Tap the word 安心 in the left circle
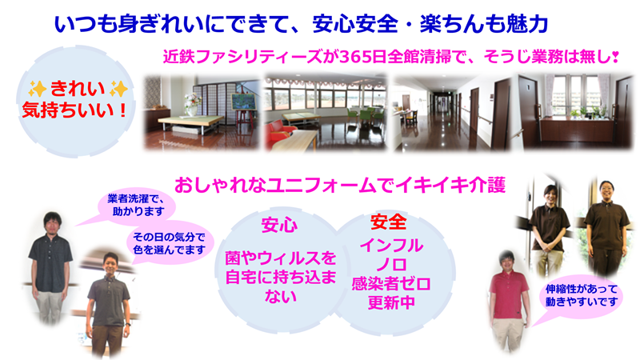coord(279,226)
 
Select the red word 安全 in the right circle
coord(388,222)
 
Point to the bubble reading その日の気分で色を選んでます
coord(169,243)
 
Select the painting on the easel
coord(244,102)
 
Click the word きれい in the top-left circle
coord(77,89)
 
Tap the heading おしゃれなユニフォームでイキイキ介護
coord(340,185)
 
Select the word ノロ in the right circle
coord(391,265)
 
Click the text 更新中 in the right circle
coord(391,302)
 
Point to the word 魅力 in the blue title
coord(527,24)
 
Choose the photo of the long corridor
coord(451,112)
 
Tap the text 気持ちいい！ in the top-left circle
coord(75,110)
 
